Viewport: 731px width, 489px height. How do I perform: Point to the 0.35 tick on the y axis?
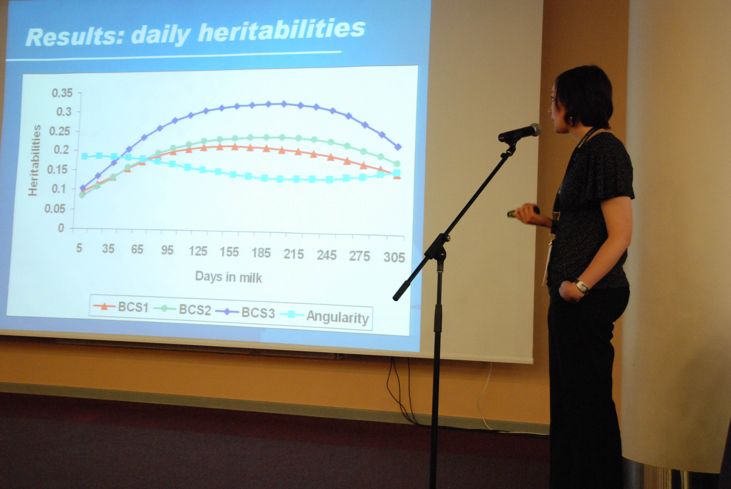click(62, 93)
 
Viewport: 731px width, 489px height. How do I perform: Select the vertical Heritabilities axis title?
click(34, 160)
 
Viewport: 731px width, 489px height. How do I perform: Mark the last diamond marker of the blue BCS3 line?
click(398, 147)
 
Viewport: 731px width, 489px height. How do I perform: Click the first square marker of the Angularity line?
click(84, 156)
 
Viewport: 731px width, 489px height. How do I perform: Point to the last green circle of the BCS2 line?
click(397, 164)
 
